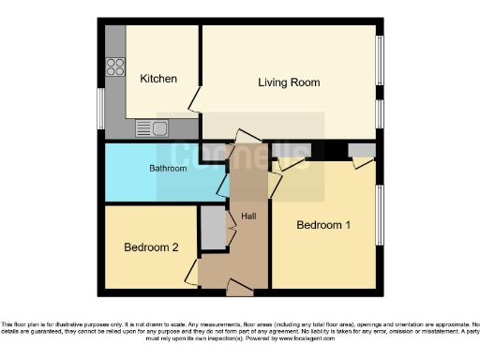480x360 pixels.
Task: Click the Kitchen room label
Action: [158, 79]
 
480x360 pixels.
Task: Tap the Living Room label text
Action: [289, 82]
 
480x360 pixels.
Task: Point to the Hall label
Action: [249, 217]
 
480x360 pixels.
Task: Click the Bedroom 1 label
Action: [323, 225]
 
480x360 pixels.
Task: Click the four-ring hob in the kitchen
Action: [116, 67]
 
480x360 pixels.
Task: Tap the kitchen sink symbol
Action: [150, 127]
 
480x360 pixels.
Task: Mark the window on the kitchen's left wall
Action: [100, 111]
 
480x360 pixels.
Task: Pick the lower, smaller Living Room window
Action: [380, 112]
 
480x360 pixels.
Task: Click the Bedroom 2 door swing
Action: [191, 273]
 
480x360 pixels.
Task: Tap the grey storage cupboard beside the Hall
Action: [213, 226]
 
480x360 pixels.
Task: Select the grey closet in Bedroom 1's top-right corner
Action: [360, 150]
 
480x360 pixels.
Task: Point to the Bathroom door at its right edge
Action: [223, 184]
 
